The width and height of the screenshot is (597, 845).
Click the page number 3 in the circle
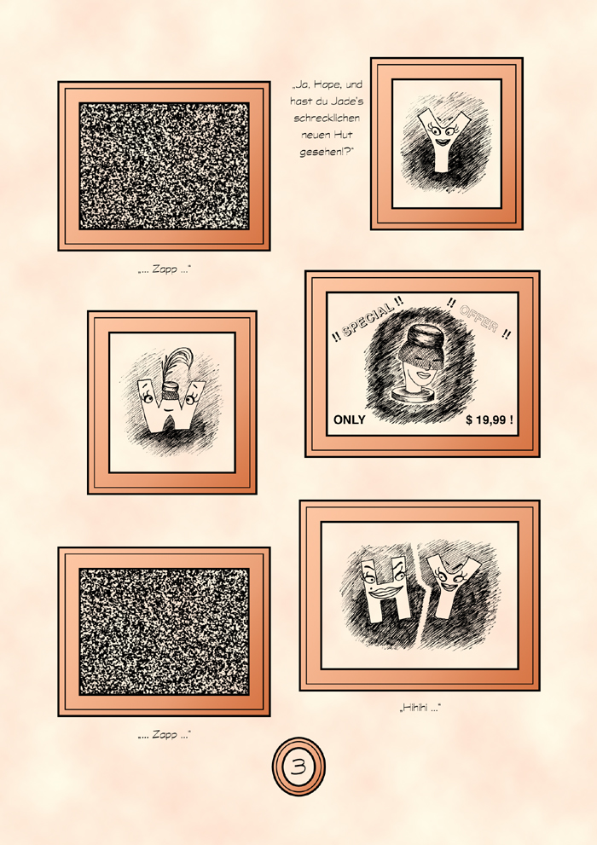pos(298,767)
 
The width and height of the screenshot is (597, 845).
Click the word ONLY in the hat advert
pos(349,420)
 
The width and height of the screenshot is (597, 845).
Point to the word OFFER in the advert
pos(478,319)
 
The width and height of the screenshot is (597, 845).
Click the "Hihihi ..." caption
pos(420,708)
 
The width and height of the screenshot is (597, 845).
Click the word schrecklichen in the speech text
pos(327,118)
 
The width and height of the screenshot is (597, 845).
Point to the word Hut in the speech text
pos(341,135)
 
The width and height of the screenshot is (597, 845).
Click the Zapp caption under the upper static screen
pos(165,269)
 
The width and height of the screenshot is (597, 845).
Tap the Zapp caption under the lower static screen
pos(165,734)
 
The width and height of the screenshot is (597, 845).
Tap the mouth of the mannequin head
pos(421,373)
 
